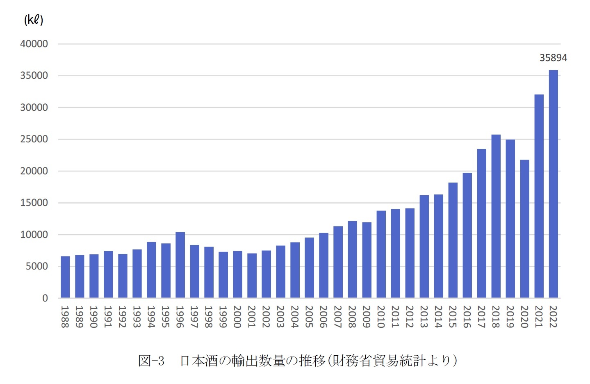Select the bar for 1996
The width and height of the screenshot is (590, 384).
click(180, 265)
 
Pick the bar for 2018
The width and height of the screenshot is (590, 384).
click(496, 216)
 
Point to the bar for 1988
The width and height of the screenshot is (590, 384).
click(65, 277)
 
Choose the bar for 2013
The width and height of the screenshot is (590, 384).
click(424, 247)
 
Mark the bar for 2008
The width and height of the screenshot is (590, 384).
click(352, 259)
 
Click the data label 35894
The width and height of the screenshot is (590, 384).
click(553, 58)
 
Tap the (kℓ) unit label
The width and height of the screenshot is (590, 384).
click(34, 20)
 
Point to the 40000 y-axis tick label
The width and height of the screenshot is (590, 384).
click(34, 44)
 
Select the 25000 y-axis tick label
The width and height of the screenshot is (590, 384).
click(34, 139)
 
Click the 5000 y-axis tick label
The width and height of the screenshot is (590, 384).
click(37, 266)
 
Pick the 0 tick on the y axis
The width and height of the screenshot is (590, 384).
click(45, 298)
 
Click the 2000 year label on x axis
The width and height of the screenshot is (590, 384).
click(237, 317)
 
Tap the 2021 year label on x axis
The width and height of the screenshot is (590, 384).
click(539, 317)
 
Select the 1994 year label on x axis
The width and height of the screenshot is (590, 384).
click(151, 317)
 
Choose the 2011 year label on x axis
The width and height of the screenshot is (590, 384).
click(395, 317)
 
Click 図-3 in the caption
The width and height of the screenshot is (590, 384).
click(151, 361)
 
